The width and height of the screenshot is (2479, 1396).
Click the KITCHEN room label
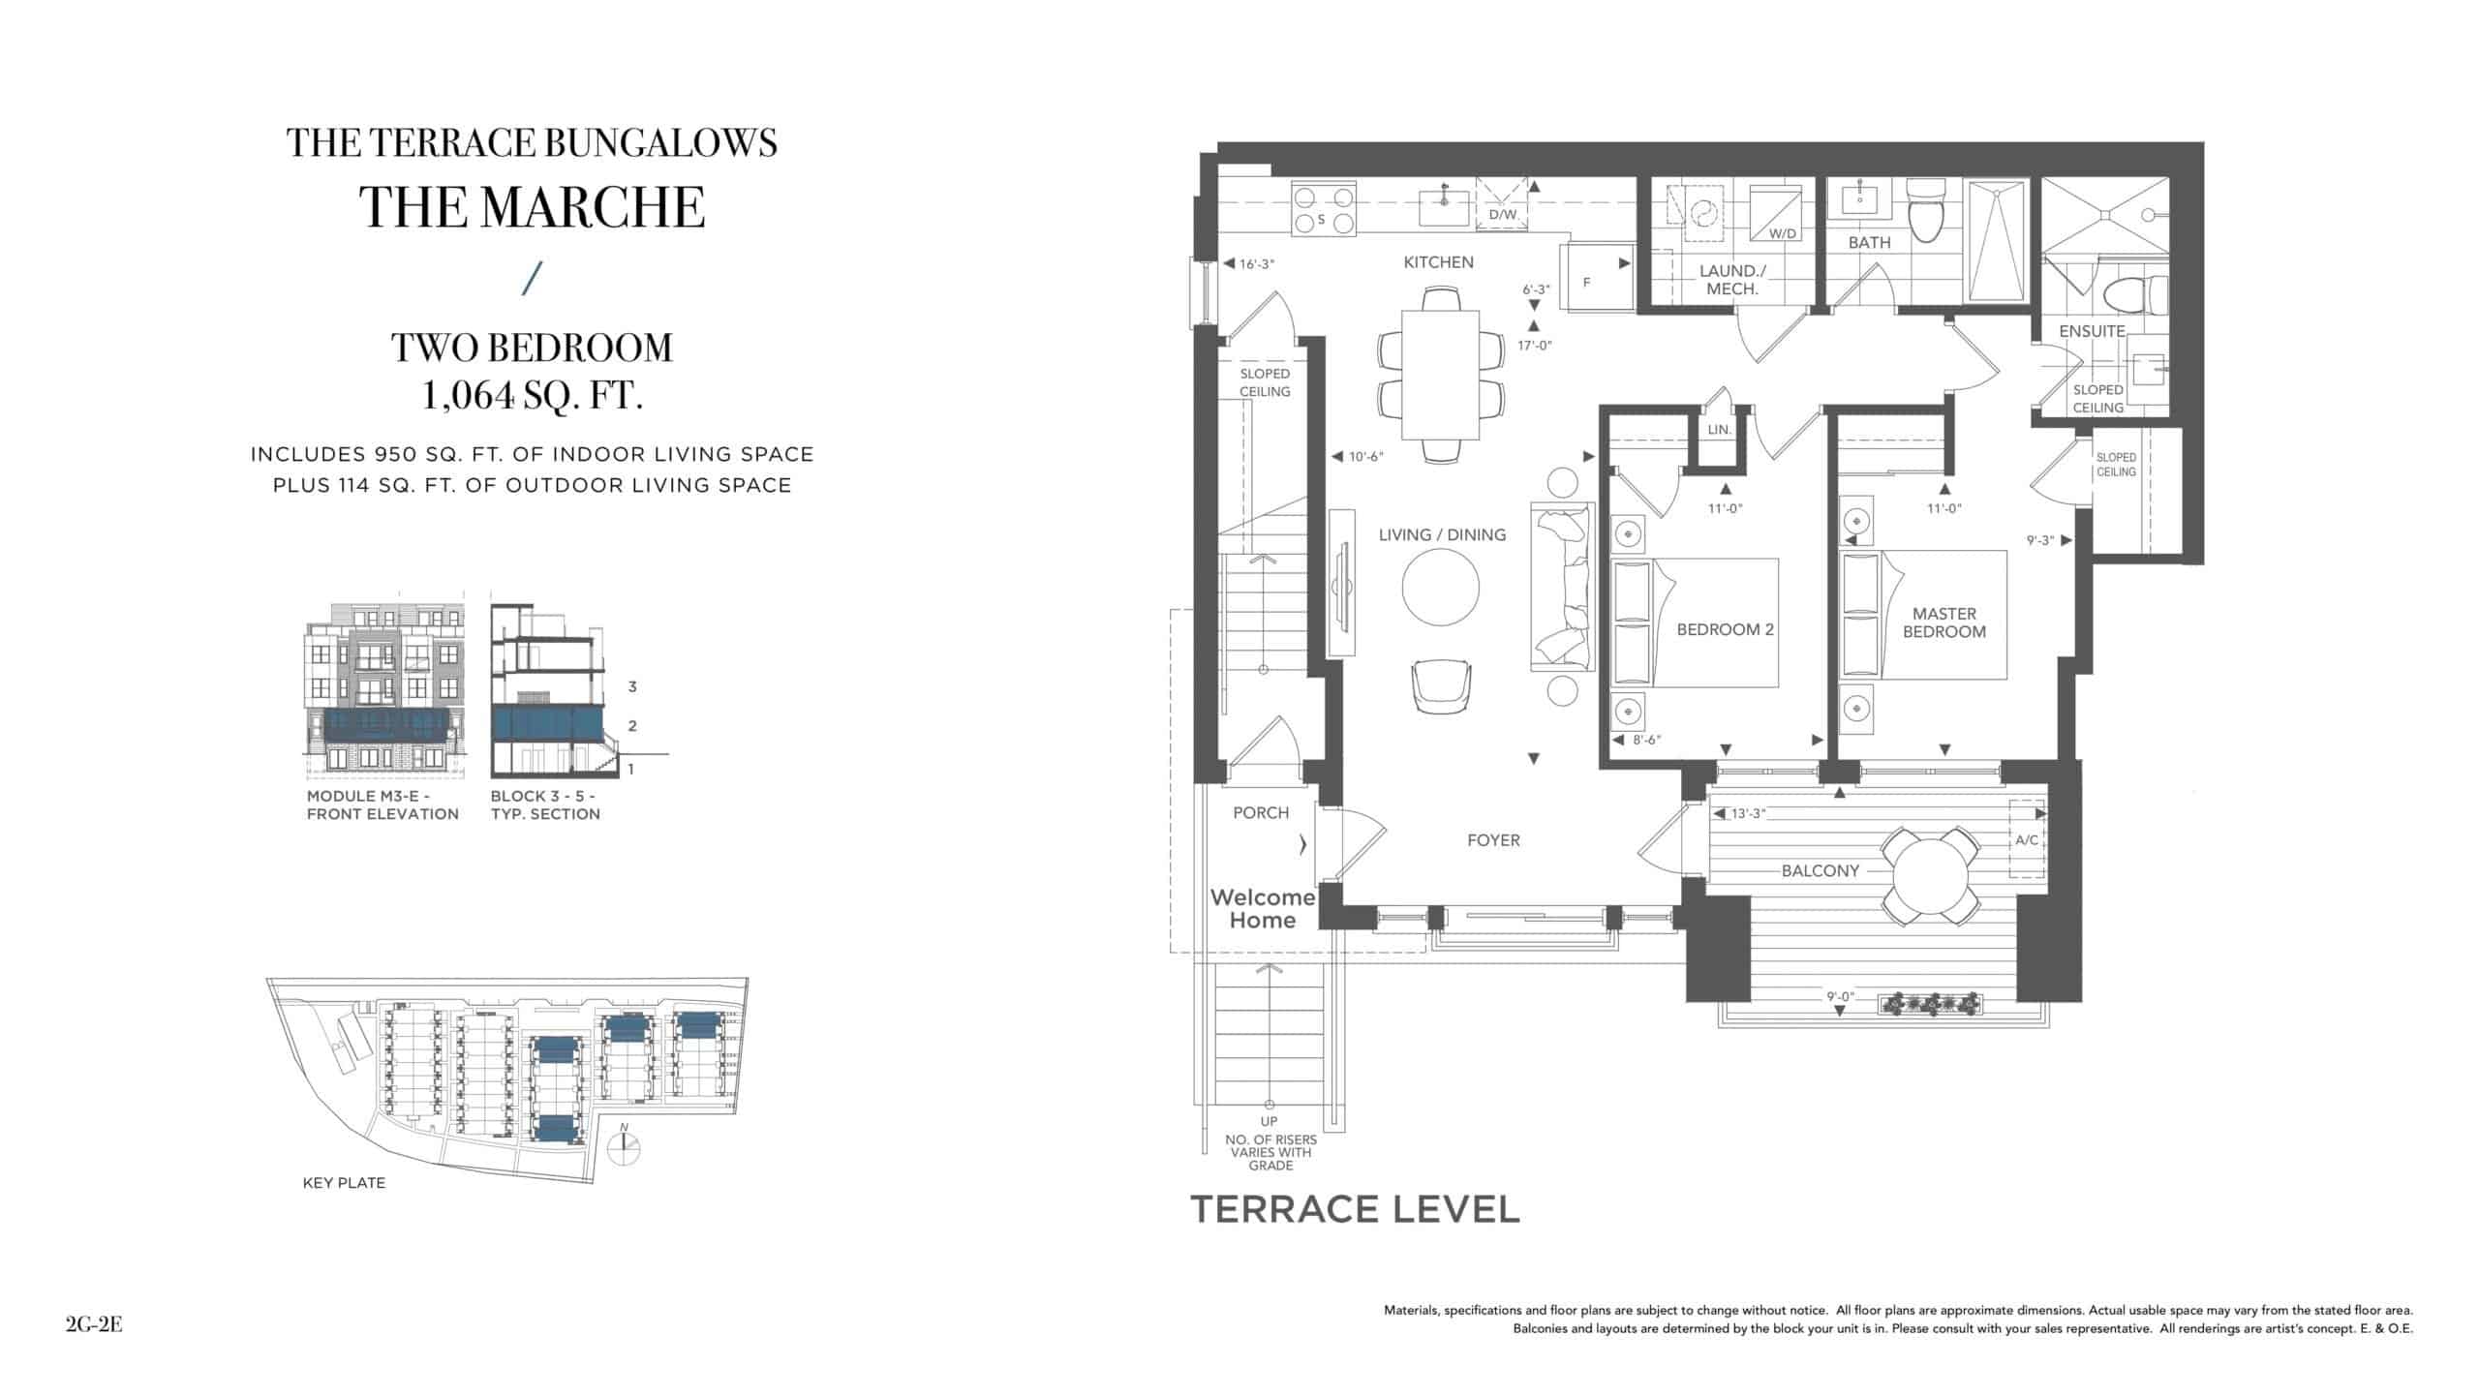(1438, 262)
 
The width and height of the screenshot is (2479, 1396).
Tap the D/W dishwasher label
(1502, 215)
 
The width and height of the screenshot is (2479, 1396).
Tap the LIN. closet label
(1719, 429)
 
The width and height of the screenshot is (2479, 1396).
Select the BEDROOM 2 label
(1725, 629)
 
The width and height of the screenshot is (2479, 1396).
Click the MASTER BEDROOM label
(1944, 622)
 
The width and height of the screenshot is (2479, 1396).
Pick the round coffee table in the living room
(1441, 588)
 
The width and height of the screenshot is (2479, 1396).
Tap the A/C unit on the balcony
(2026, 839)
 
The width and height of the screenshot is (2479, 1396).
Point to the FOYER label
(1493, 840)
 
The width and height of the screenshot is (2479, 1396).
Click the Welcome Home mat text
(1262, 909)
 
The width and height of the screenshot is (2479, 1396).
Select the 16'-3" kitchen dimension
(1257, 263)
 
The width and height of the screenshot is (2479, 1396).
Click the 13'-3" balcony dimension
(1749, 814)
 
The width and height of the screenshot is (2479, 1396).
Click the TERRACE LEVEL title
(1355, 1209)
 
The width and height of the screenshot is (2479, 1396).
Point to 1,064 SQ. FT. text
(532, 396)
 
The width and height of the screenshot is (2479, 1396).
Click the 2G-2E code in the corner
(94, 1325)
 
